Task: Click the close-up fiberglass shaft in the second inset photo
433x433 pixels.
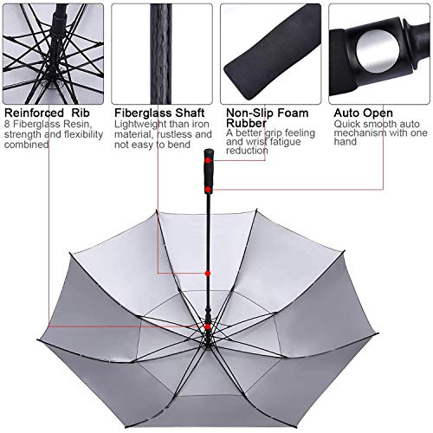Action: coord(159,52)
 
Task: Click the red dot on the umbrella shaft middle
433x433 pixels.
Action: coord(208,273)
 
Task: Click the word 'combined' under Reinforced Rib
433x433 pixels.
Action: coord(28,145)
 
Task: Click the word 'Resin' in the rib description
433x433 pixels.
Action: coord(74,124)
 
